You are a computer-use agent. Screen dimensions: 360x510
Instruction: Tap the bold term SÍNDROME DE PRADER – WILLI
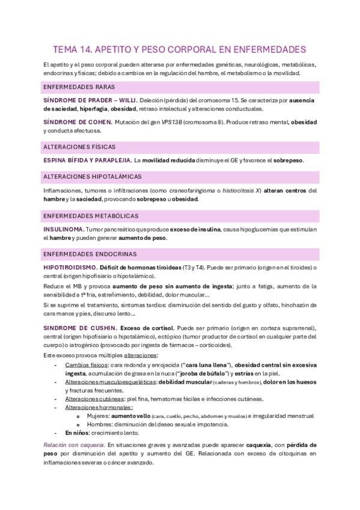tap(90, 100)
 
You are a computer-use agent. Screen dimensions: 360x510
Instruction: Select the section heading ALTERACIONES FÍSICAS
tap(79, 147)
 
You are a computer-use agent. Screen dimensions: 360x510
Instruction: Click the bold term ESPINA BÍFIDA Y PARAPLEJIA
tap(87, 161)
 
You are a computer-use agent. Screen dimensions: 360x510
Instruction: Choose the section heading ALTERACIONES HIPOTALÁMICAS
tap(93, 176)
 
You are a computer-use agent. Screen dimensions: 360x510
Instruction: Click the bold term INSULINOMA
tap(63, 229)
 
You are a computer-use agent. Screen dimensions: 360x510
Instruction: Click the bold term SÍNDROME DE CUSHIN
tap(79, 328)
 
